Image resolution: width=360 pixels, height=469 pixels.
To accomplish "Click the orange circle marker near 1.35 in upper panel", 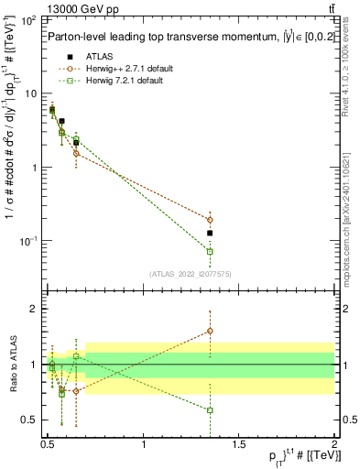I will point(210,220).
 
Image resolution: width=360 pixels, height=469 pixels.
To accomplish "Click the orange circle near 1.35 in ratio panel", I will point(210,331).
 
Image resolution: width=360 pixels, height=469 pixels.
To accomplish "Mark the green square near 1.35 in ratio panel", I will point(210,410).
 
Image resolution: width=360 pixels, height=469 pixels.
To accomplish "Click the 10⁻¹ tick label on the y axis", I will point(28,241).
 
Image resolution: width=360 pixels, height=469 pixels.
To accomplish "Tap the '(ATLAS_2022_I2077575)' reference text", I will point(190,273).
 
